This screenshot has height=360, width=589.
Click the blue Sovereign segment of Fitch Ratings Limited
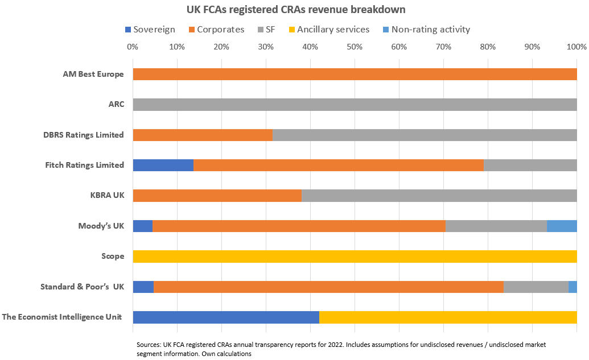(x=163, y=165)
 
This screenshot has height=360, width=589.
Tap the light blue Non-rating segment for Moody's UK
(x=562, y=226)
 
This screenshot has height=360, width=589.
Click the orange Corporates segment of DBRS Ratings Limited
(x=203, y=135)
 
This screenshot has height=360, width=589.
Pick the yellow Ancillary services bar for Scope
(x=355, y=256)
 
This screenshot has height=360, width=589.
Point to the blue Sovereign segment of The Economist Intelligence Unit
(x=226, y=317)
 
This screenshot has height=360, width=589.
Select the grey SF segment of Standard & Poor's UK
(x=536, y=287)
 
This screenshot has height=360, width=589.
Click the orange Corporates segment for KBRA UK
(x=217, y=196)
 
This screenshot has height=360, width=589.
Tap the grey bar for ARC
(x=355, y=105)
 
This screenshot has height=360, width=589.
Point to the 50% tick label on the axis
(x=355, y=47)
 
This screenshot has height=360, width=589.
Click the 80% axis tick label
(x=488, y=47)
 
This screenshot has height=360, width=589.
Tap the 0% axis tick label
(x=133, y=47)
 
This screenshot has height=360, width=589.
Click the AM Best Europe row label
(x=93, y=74)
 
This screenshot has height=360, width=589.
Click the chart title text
(x=296, y=10)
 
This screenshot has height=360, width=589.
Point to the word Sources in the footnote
(x=150, y=345)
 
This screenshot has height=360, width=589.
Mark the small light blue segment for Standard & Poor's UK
(x=572, y=287)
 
